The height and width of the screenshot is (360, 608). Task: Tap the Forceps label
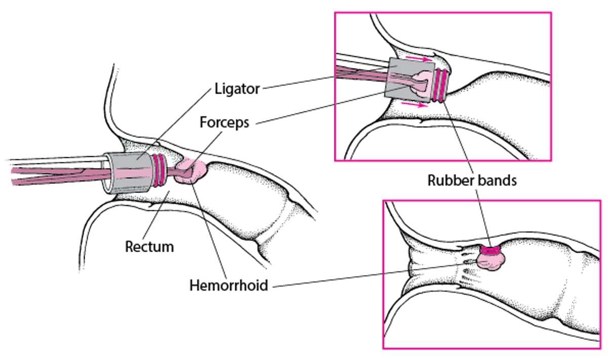pyautogui.click(x=224, y=123)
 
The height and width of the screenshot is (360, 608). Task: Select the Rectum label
pyautogui.click(x=149, y=247)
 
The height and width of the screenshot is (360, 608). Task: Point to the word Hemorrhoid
pyautogui.click(x=229, y=285)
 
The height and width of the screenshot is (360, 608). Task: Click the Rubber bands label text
pyautogui.click(x=472, y=180)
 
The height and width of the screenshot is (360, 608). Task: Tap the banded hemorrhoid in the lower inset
pyautogui.click(x=491, y=259)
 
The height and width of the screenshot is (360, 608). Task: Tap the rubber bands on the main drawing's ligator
pyautogui.click(x=162, y=168)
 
